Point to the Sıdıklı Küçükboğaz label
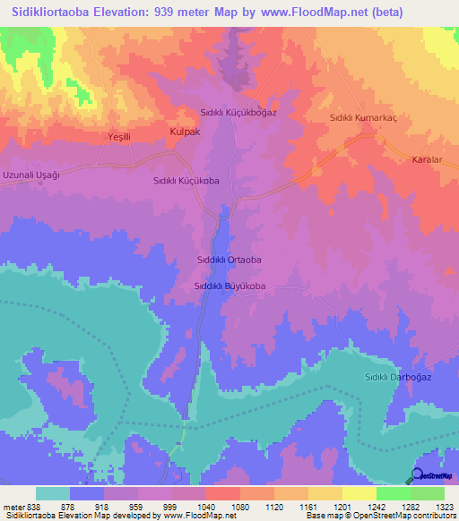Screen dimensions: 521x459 pyautogui.click(x=238, y=114)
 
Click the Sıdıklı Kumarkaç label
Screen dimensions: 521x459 pyautogui.click(x=364, y=117)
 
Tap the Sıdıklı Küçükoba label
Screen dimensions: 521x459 pyautogui.click(x=186, y=180)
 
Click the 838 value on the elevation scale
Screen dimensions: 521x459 pyautogui.click(x=35, y=506)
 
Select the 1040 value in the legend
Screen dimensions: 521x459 pyautogui.click(x=205, y=506)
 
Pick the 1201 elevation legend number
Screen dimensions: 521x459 pyautogui.click(x=342, y=506)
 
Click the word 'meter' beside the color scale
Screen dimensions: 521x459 pyautogui.click(x=13, y=506)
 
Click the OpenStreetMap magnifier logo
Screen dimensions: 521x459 pyautogui.click(x=417, y=475)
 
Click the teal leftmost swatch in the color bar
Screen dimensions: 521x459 pyautogui.click(x=52, y=493)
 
